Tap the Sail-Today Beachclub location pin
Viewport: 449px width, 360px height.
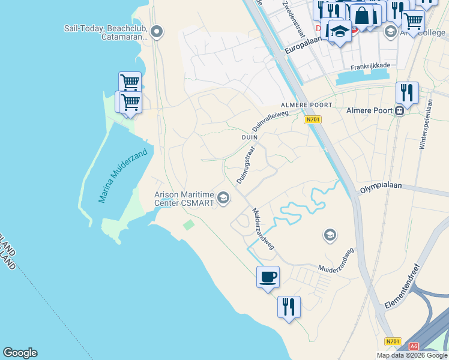click(x=157, y=32)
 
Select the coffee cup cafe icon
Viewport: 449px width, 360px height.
click(x=268, y=277)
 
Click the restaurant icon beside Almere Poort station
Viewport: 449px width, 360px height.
click(x=407, y=93)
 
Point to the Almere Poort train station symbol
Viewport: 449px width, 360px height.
click(x=399, y=110)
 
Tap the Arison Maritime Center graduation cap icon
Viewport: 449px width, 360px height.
click(x=223, y=197)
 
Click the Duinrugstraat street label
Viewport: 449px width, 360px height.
click(x=243, y=165)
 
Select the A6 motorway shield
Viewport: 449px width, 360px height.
click(x=414, y=346)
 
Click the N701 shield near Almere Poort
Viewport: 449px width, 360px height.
click(x=312, y=119)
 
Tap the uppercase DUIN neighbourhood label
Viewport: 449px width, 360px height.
click(x=249, y=137)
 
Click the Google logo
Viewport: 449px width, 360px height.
click(x=20, y=353)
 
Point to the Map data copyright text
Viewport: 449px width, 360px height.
click(x=412, y=355)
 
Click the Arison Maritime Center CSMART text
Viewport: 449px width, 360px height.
click(x=184, y=198)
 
